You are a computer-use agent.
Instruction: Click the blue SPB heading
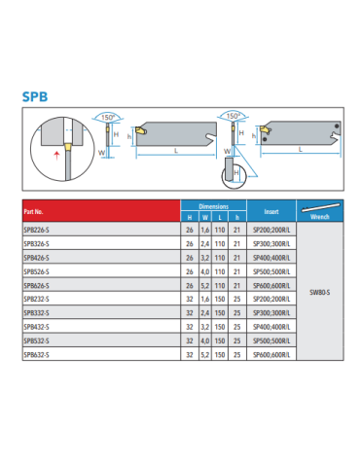[x=35, y=96]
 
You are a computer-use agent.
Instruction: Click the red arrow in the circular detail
[x=56, y=156]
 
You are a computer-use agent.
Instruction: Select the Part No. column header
[x=33, y=212]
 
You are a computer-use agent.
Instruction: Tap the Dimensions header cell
[x=214, y=206]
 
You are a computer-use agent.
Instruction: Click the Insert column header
[x=271, y=212]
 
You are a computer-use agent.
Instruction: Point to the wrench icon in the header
[x=320, y=207]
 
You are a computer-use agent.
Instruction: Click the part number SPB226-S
[x=36, y=230]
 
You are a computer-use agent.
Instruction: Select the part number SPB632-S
[x=36, y=355]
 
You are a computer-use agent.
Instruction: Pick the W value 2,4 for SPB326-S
[x=205, y=244]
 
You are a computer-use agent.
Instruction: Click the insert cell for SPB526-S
[x=271, y=271]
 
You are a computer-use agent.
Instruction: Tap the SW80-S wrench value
[x=320, y=292]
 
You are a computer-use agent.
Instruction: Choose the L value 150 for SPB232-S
[x=220, y=299]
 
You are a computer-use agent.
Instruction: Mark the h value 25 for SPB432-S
[x=237, y=327]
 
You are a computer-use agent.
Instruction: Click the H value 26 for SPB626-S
[x=190, y=286]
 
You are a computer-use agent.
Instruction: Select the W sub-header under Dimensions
[x=205, y=218]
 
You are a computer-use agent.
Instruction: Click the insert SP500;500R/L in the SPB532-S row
[x=271, y=341]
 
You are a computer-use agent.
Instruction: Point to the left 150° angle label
[x=108, y=118]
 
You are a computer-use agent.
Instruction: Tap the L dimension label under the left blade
[x=176, y=151]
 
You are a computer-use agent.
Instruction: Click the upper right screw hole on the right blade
[x=337, y=126]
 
